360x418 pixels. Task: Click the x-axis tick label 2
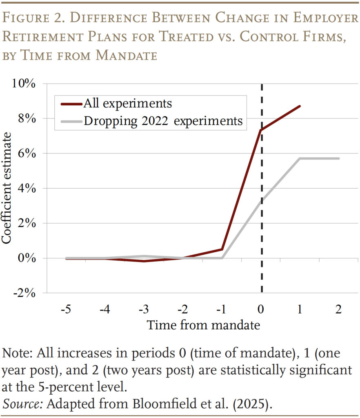338,310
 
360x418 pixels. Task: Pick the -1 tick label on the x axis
221,310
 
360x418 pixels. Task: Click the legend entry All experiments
127,103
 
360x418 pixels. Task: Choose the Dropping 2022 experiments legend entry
163,121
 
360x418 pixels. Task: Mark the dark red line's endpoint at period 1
300,106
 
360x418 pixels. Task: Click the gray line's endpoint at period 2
338,158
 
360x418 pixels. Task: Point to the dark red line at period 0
261,130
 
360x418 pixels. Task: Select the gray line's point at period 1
300,158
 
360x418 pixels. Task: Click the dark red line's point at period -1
222,249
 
